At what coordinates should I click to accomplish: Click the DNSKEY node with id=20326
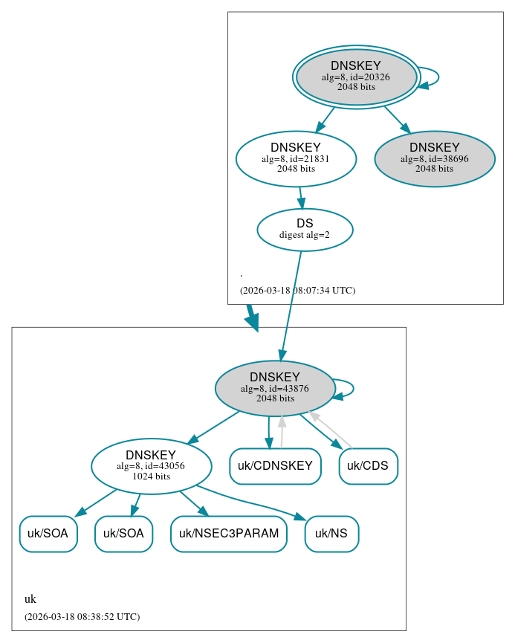[356, 77]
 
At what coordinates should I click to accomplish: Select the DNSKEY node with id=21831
[296, 158]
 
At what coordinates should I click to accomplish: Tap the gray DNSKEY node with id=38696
[435, 158]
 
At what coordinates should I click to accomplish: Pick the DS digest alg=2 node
[305, 229]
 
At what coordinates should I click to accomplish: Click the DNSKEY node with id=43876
[275, 388]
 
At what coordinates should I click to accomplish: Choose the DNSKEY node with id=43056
[151, 466]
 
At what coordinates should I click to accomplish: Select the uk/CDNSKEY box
[275, 466]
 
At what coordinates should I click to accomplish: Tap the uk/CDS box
[369, 466]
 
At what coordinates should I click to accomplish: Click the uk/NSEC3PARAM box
[229, 534]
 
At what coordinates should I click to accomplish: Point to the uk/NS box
[331, 534]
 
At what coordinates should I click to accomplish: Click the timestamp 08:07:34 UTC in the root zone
[297, 291]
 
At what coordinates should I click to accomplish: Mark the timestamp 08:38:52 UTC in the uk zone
[82, 617]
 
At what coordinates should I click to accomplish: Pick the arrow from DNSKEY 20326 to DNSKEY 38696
[395, 119]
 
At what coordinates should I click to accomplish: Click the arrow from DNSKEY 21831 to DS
[300, 197]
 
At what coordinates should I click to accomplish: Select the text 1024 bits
[151, 476]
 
